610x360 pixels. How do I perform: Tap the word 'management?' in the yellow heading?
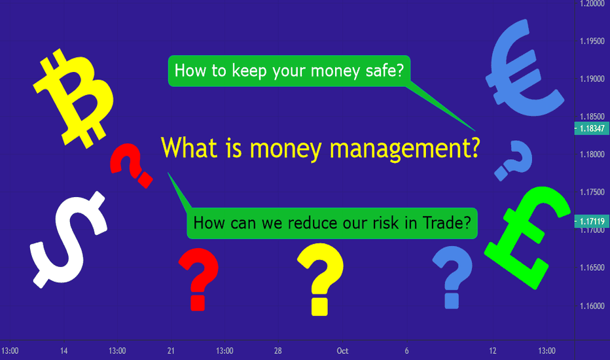pyautogui.click(x=404, y=149)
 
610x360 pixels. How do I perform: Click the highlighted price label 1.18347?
pyautogui.click(x=592, y=128)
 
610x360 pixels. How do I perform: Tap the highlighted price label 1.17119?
pyautogui.click(x=592, y=221)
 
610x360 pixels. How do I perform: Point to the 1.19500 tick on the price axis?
pyautogui.click(x=592, y=41)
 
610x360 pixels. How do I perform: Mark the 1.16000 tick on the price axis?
pyautogui.click(x=592, y=306)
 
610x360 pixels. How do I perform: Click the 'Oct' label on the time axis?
pyautogui.click(x=342, y=351)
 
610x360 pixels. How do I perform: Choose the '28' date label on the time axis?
pyautogui.click(x=278, y=351)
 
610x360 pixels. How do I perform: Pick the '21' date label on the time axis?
pyautogui.click(x=171, y=351)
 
